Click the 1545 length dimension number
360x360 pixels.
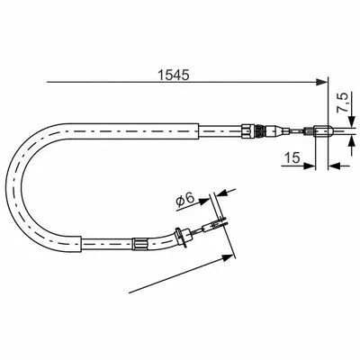pos(174,75)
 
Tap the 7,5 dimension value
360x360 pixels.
pos(342,103)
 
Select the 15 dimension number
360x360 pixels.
pos(292,157)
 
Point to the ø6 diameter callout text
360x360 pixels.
pos(185,200)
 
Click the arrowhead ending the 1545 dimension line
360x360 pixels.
pos(321,82)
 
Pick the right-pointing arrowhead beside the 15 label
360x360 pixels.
pos(310,166)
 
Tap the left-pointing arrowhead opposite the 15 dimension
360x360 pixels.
pos(335,166)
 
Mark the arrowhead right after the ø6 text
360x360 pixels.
pos(203,201)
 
